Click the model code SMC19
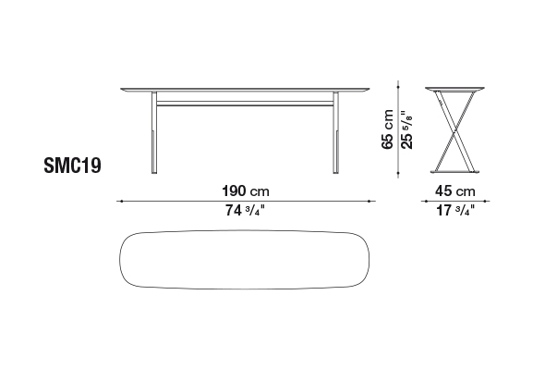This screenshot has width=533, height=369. point(72,166)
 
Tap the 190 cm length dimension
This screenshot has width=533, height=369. point(246,191)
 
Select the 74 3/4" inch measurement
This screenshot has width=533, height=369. point(245,210)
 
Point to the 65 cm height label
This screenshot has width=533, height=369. point(388,129)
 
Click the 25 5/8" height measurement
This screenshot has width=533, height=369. point(406,129)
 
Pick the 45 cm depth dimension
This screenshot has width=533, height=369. point(455,191)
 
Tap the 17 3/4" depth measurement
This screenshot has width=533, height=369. point(455,210)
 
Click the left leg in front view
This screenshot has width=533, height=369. point(154,132)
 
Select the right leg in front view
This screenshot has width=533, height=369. point(336,132)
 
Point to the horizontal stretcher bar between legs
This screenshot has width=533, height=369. point(245,104)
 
